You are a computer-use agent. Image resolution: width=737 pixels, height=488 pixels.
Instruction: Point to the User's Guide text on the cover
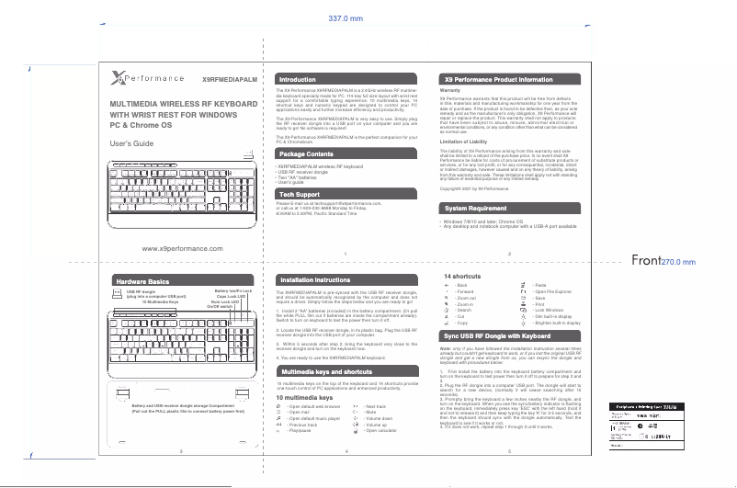pos(130,145)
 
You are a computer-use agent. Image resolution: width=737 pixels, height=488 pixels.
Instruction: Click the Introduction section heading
pos(297,79)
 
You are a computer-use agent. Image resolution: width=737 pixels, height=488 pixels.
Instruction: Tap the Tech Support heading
pos(300,196)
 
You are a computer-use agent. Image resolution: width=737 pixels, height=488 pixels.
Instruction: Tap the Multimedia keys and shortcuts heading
pos(325,371)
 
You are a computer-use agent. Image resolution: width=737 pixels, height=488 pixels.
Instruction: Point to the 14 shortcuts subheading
pos(463,276)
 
